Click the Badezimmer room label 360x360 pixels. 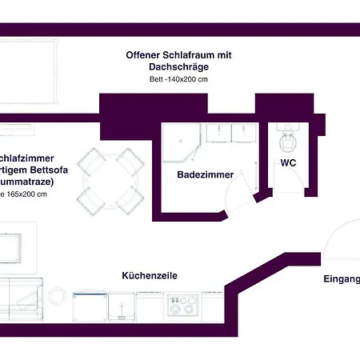point(205,174)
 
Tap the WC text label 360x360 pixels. point(287,163)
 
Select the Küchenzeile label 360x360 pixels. point(149,275)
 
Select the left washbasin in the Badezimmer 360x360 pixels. point(215,133)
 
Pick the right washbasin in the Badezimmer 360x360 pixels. point(239,133)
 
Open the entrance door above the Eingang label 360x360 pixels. point(340,240)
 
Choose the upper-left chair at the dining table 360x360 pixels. point(94,162)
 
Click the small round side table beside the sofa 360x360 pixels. point(57,296)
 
